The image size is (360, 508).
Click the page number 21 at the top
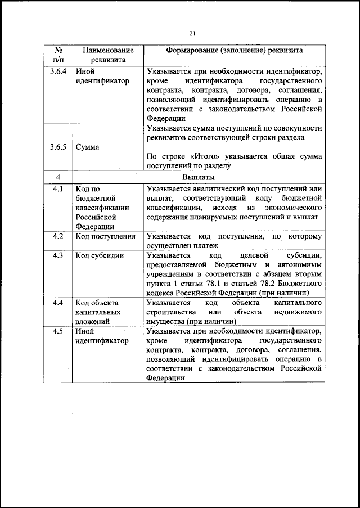tap(192, 34)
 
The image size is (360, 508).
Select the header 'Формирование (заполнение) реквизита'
tap(234, 50)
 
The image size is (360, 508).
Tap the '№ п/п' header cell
tap(58, 55)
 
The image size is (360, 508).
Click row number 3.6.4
tap(58, 72)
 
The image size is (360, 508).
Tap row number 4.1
tap(58, 188)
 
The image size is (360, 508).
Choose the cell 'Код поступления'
tap(106, 237)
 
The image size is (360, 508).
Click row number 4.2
tap(58, 237)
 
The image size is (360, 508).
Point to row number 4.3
tap(58, 256)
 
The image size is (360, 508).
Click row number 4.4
tap(58, 303)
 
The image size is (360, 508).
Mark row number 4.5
tap(58, 331)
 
